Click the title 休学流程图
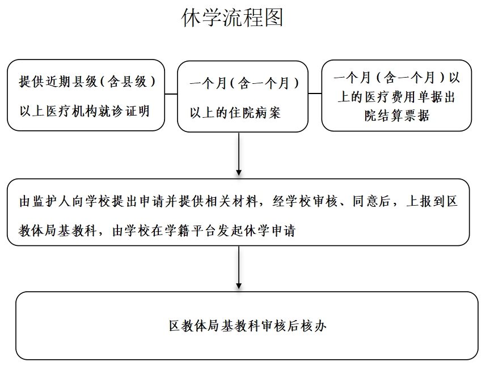point(232,18)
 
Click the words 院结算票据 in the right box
point(397,116)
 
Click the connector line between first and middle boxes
point(171,94)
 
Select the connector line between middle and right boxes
point(315,93)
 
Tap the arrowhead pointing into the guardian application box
point(239,172)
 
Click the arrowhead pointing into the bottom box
point(239,286)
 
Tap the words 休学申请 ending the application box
point(269,231)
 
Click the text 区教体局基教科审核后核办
point(247,326)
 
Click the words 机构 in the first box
point(85,111)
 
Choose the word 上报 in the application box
point(419,201)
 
